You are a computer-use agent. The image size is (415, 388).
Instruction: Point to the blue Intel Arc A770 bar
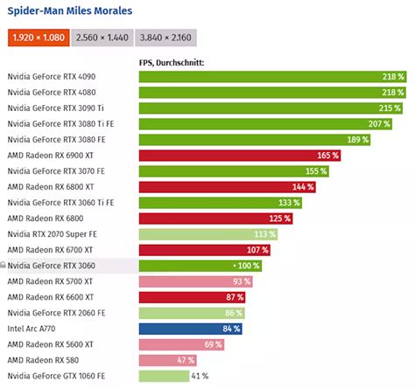pos(191,329)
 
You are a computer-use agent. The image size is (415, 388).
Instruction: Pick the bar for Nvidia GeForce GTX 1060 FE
pos(164,376)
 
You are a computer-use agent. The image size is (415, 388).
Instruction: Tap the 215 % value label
pos(390,108)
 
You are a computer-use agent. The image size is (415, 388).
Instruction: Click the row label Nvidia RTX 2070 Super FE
pos(55,234)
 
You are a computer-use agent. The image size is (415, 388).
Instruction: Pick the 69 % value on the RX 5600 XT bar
pos(213,344)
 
